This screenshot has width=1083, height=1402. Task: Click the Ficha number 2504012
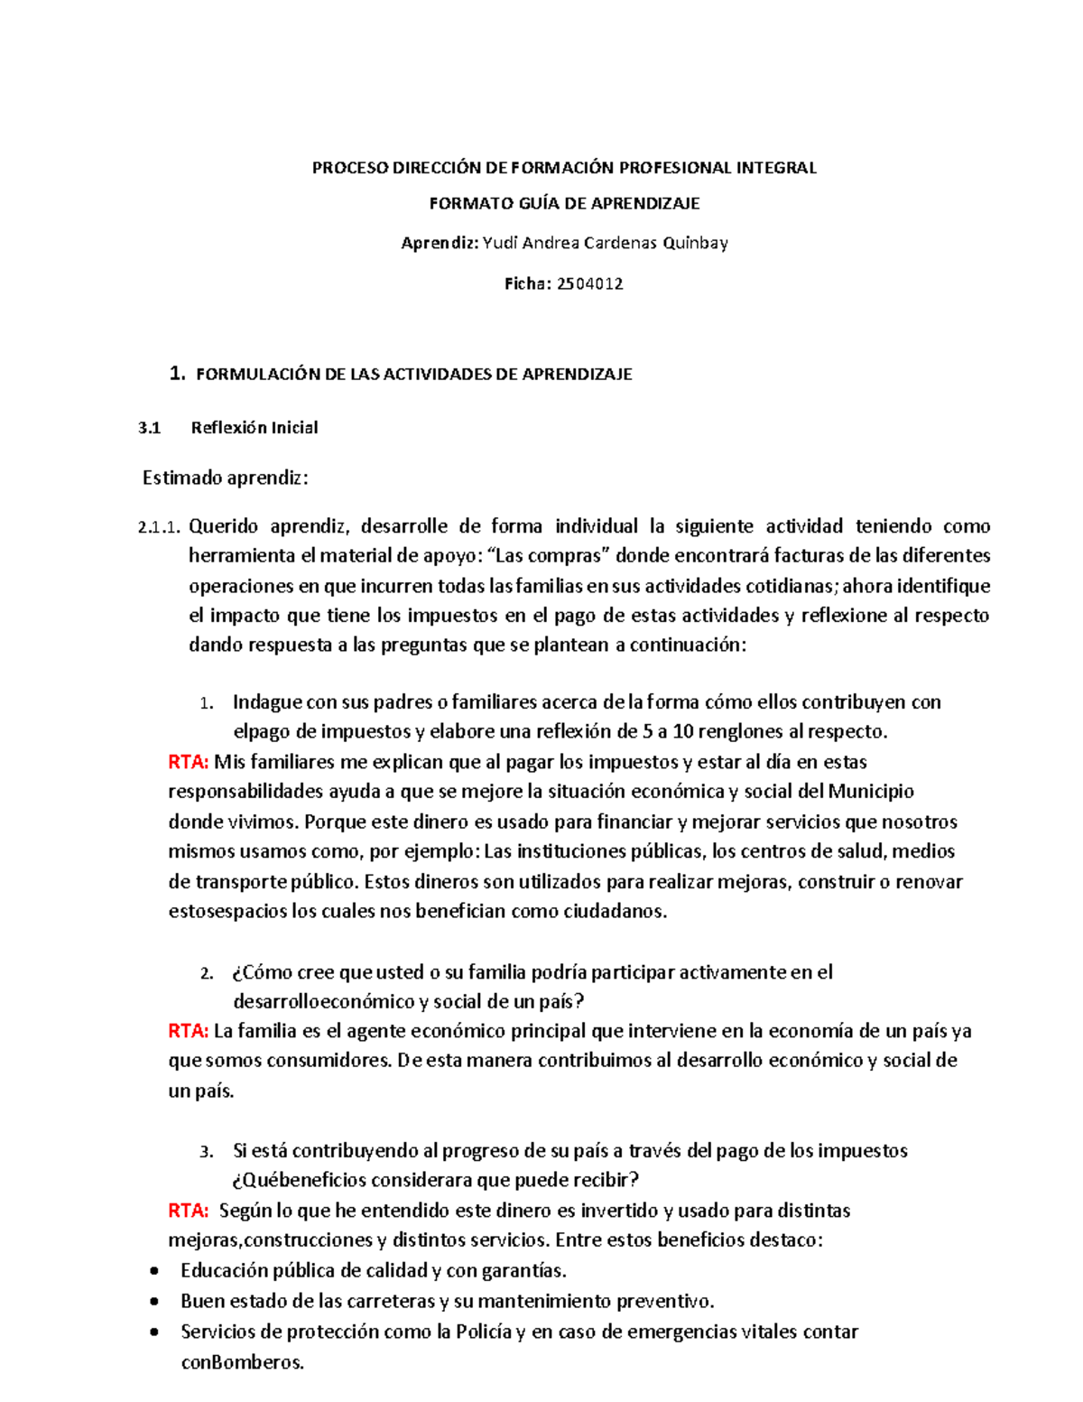590,283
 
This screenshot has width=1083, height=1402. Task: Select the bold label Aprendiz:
440,243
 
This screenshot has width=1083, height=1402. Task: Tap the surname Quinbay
695,243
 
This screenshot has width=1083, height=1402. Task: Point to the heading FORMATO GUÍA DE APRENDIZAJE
564,203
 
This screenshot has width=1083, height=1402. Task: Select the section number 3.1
149,428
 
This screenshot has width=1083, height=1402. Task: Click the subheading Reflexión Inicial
255,428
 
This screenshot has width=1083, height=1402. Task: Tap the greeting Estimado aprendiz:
226,478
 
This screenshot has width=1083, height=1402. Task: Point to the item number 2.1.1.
159,527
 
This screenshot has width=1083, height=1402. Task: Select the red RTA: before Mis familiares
188,762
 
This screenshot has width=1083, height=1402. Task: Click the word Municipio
871,792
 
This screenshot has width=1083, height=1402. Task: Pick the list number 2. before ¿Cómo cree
207,973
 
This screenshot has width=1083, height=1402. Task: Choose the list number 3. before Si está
207,1152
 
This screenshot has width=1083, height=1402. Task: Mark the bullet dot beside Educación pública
156,1271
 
